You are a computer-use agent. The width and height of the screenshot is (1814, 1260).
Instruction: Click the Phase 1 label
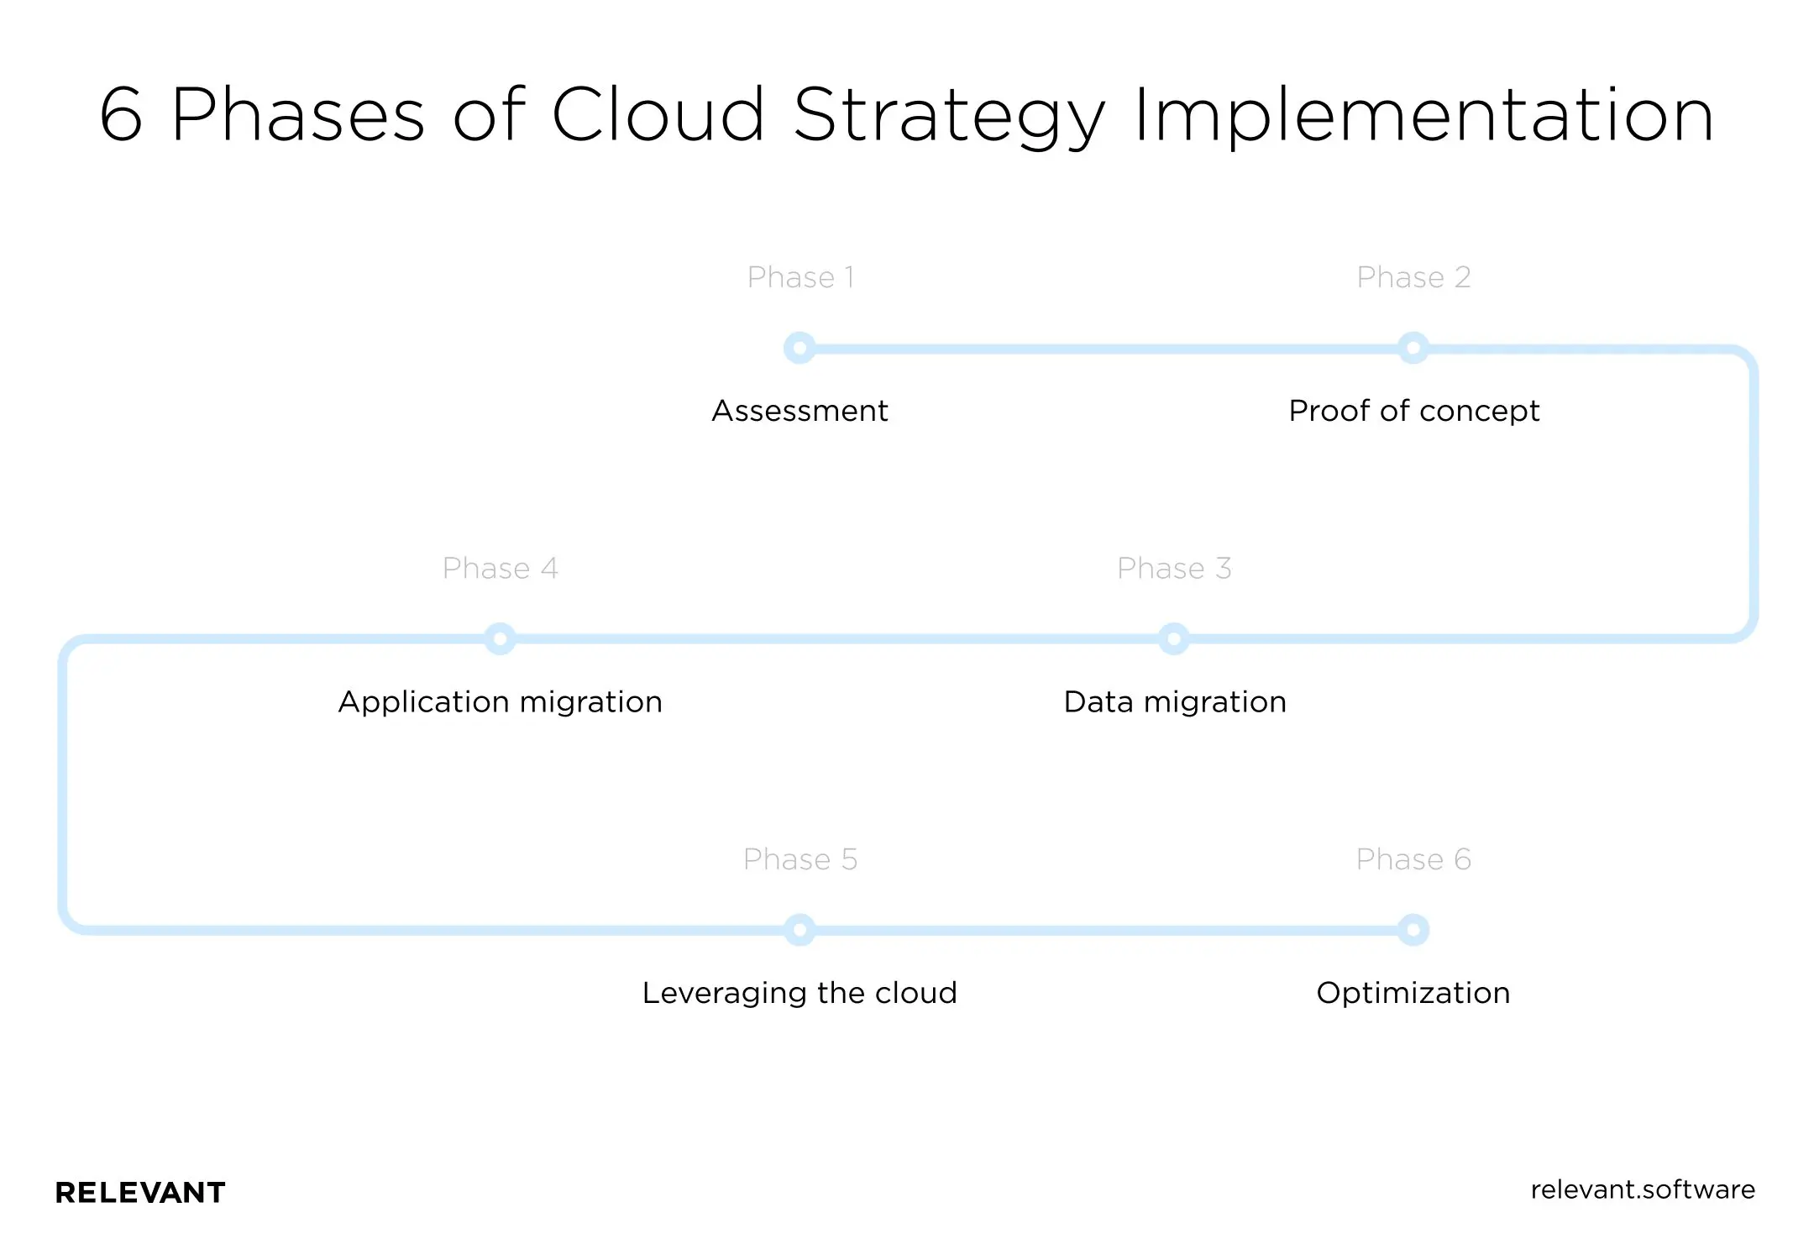[800, 277]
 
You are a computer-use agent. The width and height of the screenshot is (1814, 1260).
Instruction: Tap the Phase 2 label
[1413, 277]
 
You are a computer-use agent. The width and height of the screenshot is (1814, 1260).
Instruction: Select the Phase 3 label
[1174, 569]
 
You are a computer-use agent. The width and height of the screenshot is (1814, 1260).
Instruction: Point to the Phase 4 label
[500, 569]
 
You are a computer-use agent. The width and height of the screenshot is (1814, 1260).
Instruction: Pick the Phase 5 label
[800, 859]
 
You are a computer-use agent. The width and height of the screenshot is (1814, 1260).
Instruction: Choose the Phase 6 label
[1413, 859]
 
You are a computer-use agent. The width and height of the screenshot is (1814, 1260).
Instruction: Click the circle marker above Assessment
[800, 348]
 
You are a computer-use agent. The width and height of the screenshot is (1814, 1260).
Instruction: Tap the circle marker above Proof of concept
[1413, 348]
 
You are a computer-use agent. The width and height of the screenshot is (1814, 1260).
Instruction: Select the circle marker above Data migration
[1174, 639]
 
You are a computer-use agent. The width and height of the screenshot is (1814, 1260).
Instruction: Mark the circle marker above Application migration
[500, 639]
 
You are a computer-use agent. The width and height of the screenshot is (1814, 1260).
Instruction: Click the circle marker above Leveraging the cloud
[800, 930]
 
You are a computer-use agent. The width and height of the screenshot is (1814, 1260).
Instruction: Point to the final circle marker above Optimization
[1413, 930]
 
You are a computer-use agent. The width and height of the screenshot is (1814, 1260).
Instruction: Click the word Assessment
[800, 411]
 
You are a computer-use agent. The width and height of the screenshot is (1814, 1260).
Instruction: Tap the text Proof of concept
[1413, 411]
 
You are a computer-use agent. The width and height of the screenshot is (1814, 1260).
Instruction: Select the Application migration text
[500, 702]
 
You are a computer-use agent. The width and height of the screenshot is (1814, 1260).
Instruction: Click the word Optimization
[1413, 993]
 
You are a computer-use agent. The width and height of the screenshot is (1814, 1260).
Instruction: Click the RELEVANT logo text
[140, 1193]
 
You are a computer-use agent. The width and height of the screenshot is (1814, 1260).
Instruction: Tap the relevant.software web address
[1643, 1189]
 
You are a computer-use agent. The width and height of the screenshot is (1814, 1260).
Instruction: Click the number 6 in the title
[122, 115]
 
